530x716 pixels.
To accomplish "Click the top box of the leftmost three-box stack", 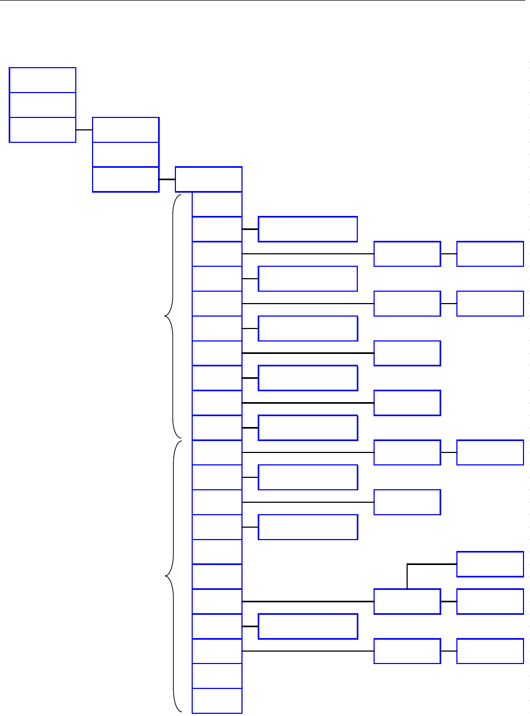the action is click(43, 80).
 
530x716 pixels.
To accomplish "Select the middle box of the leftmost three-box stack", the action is click(43, 105).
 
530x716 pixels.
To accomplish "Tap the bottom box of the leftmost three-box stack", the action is click(43, 130).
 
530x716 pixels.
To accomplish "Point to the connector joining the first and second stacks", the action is click(84, 130).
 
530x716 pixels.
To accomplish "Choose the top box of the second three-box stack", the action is click(126, 130).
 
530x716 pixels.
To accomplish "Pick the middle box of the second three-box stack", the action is click(126, 155).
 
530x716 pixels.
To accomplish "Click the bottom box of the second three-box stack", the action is click(126, 180).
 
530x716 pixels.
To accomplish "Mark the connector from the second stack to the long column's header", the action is click(167, 179).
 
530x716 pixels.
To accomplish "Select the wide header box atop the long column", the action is click(208, 179).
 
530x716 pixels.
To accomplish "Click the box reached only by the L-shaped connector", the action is click(490, 564).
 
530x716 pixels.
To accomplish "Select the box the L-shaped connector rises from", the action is click(407, 601).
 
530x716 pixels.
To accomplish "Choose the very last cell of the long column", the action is click(217, 701).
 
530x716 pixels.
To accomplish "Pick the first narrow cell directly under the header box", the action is click(217, 205).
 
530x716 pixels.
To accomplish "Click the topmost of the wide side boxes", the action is click(307, 229).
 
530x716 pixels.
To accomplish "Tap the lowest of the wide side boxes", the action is click(307, 626).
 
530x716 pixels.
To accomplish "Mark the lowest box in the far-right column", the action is click(490, 651).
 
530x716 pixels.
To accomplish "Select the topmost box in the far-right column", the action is click(490, 254).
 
